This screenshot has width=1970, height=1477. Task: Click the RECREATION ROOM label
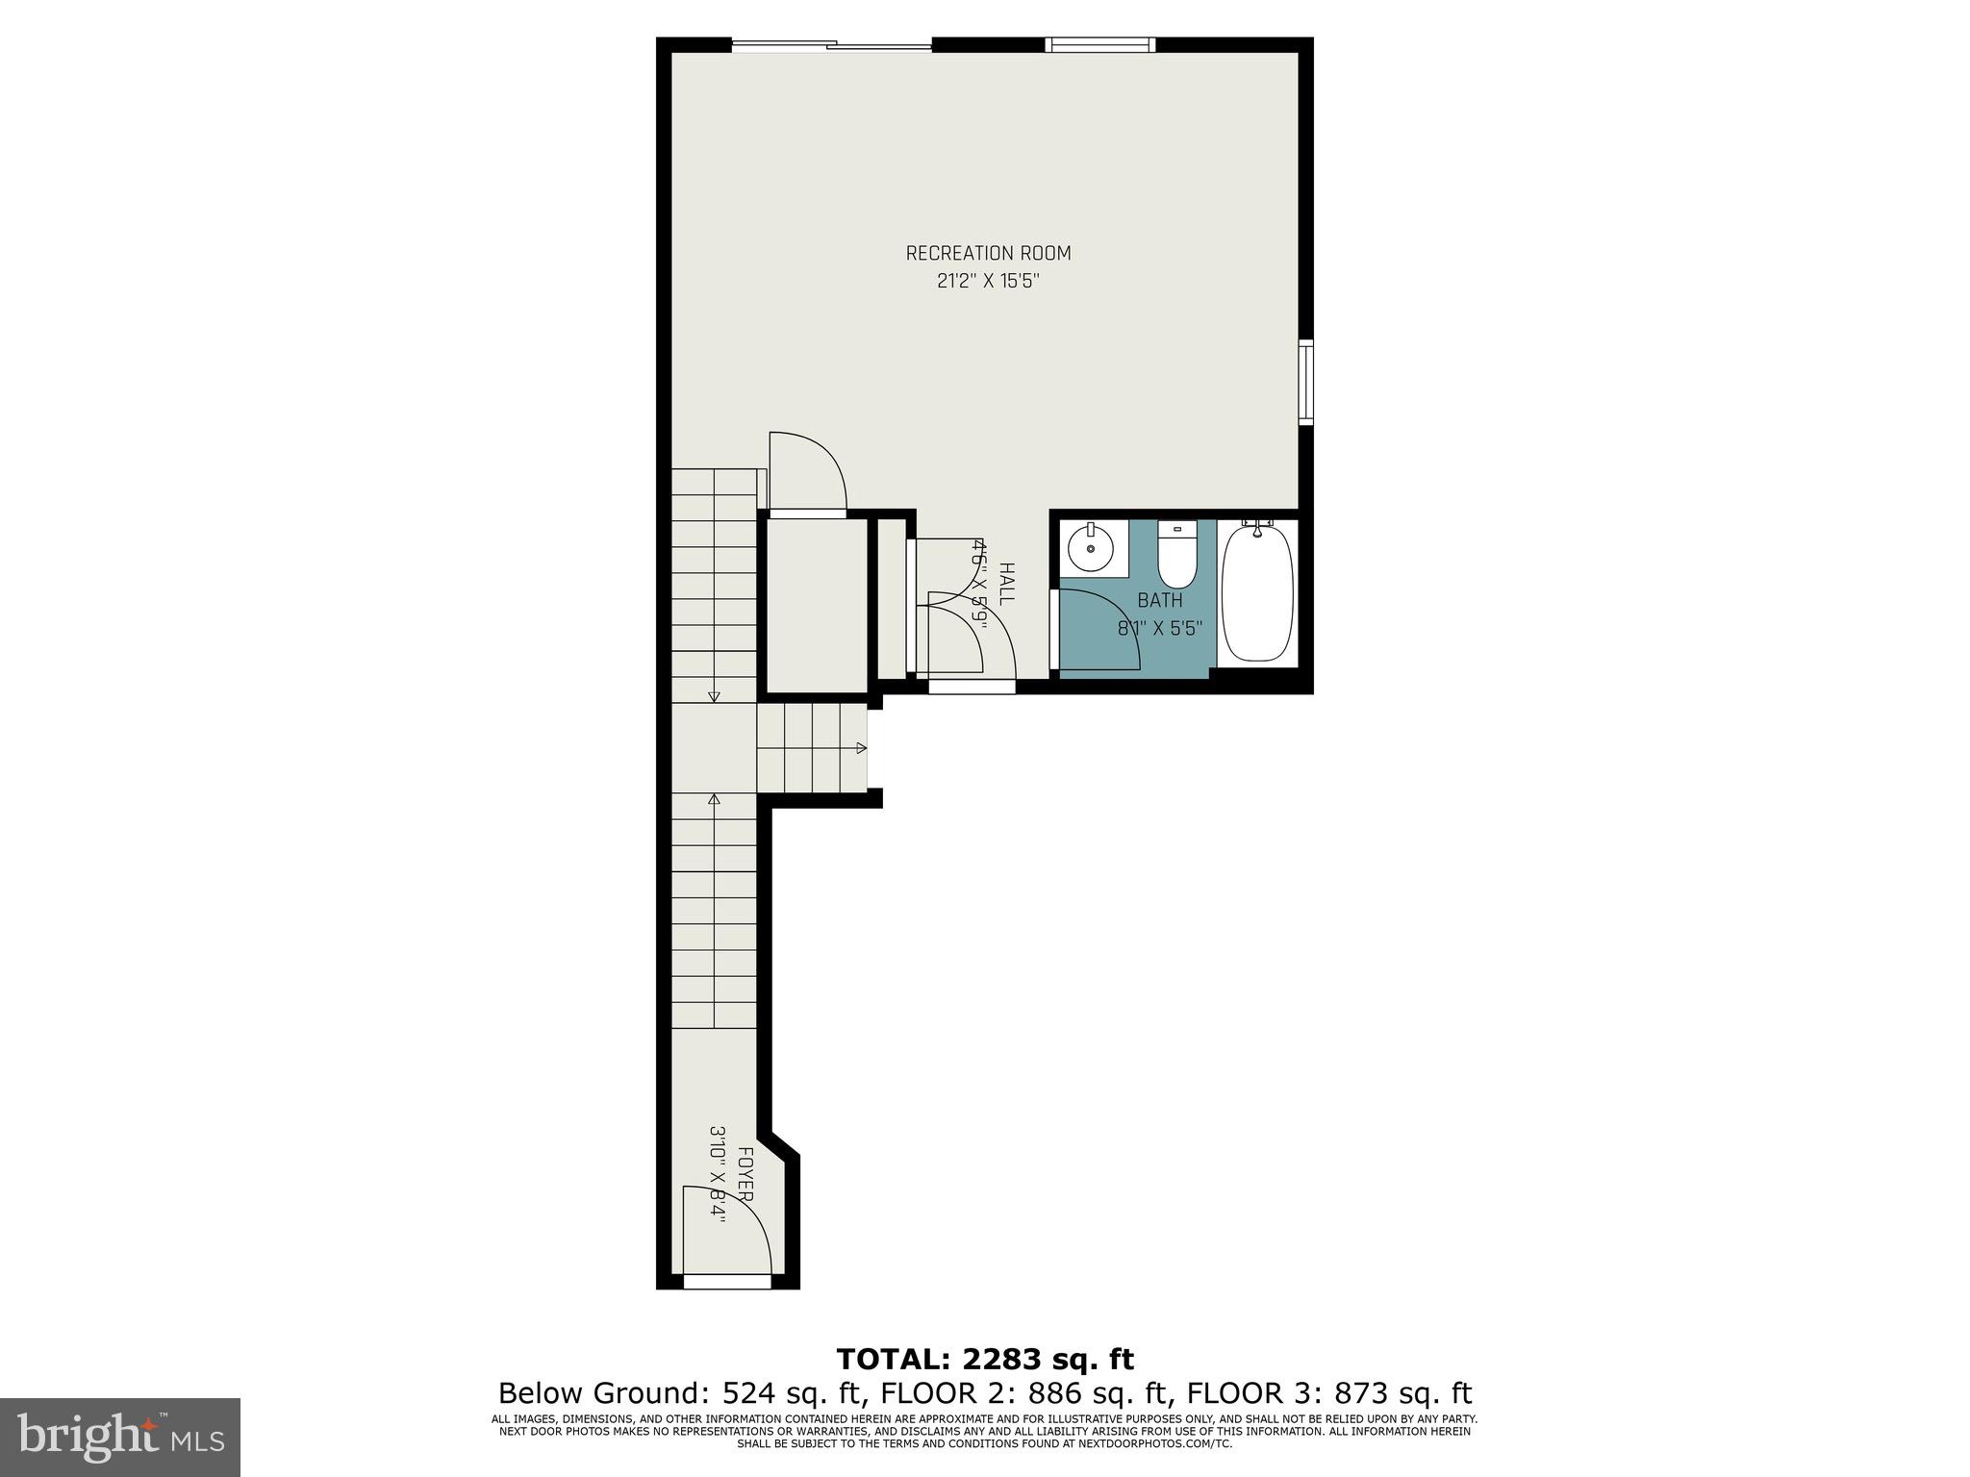pyautogui.click(x=988, y=253)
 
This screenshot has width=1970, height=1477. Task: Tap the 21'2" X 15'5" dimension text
pyautogui.click(x=988, y=282)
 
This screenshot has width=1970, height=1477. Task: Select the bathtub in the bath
pyautogui.click(x=1257, y=591)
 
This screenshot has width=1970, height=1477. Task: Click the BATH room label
pyautogui.click(x=1160, y=601)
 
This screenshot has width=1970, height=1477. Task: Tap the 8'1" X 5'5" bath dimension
pyautogui.click(x=1160, y=629)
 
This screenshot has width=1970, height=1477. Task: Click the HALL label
pyautogui.click(x=1006, y=584)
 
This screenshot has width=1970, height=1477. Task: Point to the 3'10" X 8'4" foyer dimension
pyautogui.click(x=718, y=1173)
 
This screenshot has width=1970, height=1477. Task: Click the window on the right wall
pyautogui.click(x=1305, y=382)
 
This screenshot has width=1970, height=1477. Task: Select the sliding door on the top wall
pyautogui.click(x=832, y=44)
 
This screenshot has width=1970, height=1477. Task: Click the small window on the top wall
pyautogui.click(x=1100, y=43)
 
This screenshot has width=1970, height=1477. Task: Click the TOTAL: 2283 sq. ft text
pyautogui.click(x=985, y=1359)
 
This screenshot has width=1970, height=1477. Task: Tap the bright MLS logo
pyautogui.click(x=120, y=1437)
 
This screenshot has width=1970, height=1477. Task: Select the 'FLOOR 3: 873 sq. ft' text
pyautogui.click(x=1329, y=1393)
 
